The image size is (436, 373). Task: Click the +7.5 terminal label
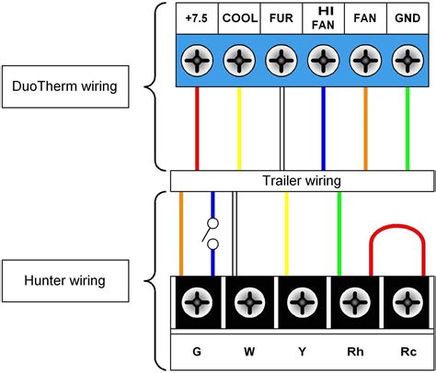[196, 18]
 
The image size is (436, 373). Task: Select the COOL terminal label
[238, 18]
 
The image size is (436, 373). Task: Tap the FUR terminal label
[281, 18]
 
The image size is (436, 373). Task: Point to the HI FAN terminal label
[323, 18]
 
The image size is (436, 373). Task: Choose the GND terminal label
[407, 18]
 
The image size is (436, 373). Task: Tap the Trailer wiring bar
[301, 180]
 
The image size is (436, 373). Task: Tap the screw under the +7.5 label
[196, 62]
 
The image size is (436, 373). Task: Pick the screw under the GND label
[407, 62]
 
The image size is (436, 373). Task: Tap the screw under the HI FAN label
[323, 62]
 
